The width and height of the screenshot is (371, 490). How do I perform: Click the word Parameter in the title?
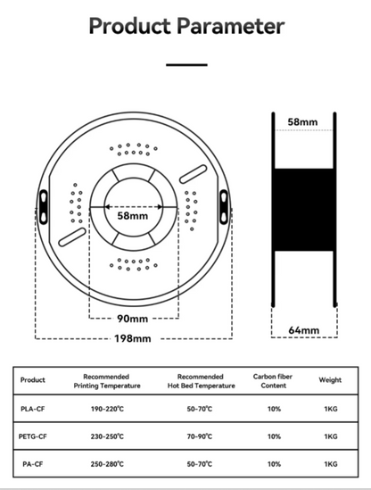click(x=231, y=26)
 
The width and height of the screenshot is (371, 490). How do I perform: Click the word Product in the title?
click(x=130, y=26)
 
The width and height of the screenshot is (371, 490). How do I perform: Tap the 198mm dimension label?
click(x=133, y=338)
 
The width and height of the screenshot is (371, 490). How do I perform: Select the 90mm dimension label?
click(x=133, y=319)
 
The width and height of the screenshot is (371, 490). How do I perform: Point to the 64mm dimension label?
click(x=304, y=330)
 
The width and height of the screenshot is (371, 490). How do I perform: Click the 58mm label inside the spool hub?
click(x=133, y=216)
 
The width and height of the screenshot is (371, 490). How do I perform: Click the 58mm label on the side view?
click(x=302, y=122)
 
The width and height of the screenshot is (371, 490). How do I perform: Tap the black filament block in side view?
click(x=304, y=210)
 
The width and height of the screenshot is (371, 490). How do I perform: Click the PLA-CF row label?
click(x=33, y=409)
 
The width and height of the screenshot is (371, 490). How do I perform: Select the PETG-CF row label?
click(x=33, y=436)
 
